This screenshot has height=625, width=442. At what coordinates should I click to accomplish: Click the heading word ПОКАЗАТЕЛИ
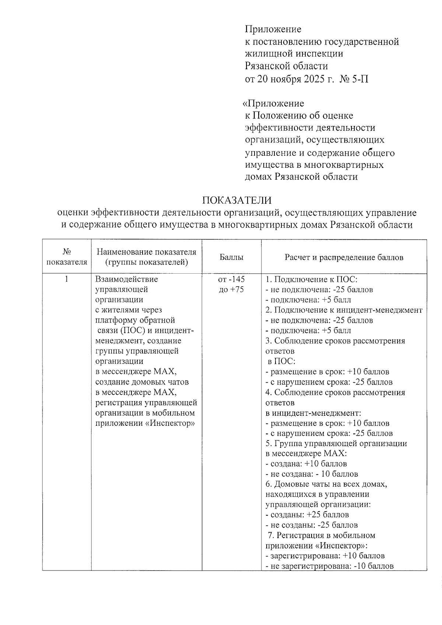237,200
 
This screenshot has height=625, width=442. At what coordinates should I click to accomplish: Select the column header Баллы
231,257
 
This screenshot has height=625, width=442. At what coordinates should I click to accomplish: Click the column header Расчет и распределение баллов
344,257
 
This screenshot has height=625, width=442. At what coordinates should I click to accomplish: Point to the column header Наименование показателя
146,252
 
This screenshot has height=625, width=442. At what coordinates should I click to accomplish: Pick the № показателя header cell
67,257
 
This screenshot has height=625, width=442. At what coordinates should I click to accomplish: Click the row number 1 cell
67,279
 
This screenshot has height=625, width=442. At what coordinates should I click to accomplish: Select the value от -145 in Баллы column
231,279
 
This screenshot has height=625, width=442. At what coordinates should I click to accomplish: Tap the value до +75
231,289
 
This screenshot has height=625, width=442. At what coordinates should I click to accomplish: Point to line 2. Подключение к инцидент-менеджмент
344,310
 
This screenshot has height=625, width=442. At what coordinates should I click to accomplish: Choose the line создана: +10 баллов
306,464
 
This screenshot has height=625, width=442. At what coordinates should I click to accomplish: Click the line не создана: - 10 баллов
312,474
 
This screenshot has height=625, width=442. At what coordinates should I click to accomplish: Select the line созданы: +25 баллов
307,515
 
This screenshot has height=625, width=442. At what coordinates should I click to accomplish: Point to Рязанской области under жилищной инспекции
286,66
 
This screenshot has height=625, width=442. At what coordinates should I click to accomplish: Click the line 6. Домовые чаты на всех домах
326,484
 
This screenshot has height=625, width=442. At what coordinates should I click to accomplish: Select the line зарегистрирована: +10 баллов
325,556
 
